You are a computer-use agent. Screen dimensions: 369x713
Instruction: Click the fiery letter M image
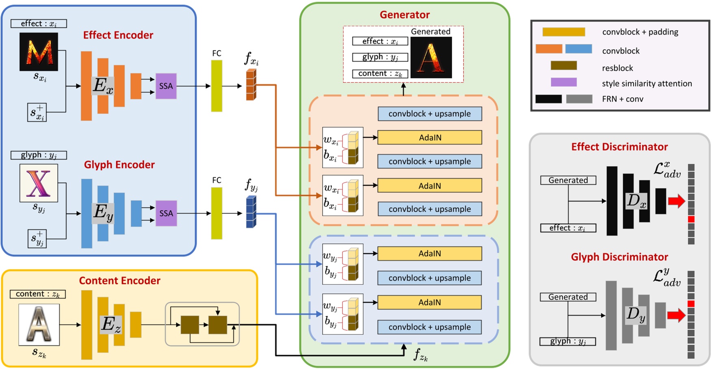tap(39, 52)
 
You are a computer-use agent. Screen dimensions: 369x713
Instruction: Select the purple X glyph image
tap(39, 183)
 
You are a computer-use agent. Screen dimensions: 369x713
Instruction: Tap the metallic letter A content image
tap(39, 324)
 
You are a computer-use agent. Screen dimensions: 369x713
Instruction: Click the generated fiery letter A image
tap(431, 57)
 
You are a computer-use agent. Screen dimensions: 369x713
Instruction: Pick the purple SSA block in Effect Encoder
tap(166, 86)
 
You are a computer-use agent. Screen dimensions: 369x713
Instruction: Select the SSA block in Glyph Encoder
tap(166, 213)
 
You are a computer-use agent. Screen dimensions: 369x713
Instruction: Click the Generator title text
tap(404, 15)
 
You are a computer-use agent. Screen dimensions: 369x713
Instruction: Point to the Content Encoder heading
tap(119, 280)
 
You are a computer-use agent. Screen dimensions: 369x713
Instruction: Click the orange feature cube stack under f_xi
tap(251, 85)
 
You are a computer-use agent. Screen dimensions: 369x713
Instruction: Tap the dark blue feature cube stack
tap(251, 212)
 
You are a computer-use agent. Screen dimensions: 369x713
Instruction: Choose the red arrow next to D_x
tap(676, 201)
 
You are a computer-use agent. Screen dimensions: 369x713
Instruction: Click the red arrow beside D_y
tap(676, 315)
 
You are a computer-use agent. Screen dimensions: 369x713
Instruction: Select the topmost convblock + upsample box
tap(429, 114)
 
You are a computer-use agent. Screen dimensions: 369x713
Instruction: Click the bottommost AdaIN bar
tap(429, 302)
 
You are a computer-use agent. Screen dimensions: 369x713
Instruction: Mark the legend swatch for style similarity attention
tap(563, 82)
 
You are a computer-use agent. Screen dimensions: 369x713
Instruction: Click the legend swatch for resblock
tap(563, 65)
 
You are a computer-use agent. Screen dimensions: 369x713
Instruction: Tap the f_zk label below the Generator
tap(420, 355)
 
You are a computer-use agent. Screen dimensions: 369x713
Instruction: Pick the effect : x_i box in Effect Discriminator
tap(568, 228)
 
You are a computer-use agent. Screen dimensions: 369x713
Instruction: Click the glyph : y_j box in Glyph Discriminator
tap(568, 341)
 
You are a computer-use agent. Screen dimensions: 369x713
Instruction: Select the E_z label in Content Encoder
tap(111, 325)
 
